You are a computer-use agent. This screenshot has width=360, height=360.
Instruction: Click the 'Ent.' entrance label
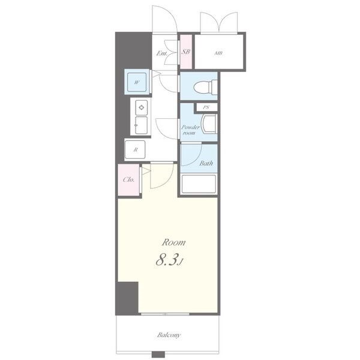pyautogui.click(x=161, y=53)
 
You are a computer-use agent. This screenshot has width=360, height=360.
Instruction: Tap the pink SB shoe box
pyautogui.click(x=186, y=52)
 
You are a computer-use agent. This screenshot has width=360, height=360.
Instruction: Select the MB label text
pyautogui.click(x=218, y=53)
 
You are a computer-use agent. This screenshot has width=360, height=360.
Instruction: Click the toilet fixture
pyautogui.click(x=205, y=87)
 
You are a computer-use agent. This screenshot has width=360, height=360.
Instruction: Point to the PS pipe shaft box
pyautogui.click(x=206, y=107)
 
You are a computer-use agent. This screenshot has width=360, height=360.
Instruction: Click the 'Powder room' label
pyautogui.click(x=190, y=130)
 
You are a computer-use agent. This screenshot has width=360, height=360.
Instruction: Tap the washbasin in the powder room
pyautogui.click(x=209, y=124)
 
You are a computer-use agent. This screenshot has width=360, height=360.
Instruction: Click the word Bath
pyautogui.click(x=206, y=163)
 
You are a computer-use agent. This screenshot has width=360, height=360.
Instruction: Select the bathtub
pyautogui.click(x=199, y=184)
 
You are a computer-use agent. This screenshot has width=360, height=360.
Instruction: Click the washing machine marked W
pyautogui.click(x=137, y=82)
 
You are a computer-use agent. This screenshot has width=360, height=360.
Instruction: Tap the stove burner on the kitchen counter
pyautogui.click(x=142, y=107)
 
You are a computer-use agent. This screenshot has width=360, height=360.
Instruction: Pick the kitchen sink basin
pyautogui.click(x=141, y=125)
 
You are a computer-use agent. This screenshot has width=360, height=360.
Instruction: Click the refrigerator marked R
pyautogui.click(x=135, y=149)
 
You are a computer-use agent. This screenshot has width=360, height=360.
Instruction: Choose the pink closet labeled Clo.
pyautogui.click(x=129, y=180)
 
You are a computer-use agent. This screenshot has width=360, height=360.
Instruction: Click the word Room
pyautogui.click(x=173, y=242)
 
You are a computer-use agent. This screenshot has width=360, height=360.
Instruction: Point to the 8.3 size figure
pyautogui.click(x=167, y=260)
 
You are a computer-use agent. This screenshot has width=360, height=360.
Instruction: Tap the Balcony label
pyautogui.click(x=169, y=335)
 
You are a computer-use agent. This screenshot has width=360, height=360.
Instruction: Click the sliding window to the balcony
pyautogui.click(x=165, y=314)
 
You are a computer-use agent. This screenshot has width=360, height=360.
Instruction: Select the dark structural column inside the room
pyautogui.click(x=127, y=298)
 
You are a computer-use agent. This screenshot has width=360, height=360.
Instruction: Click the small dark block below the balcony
pyautogui.click(x=158, y=355)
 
